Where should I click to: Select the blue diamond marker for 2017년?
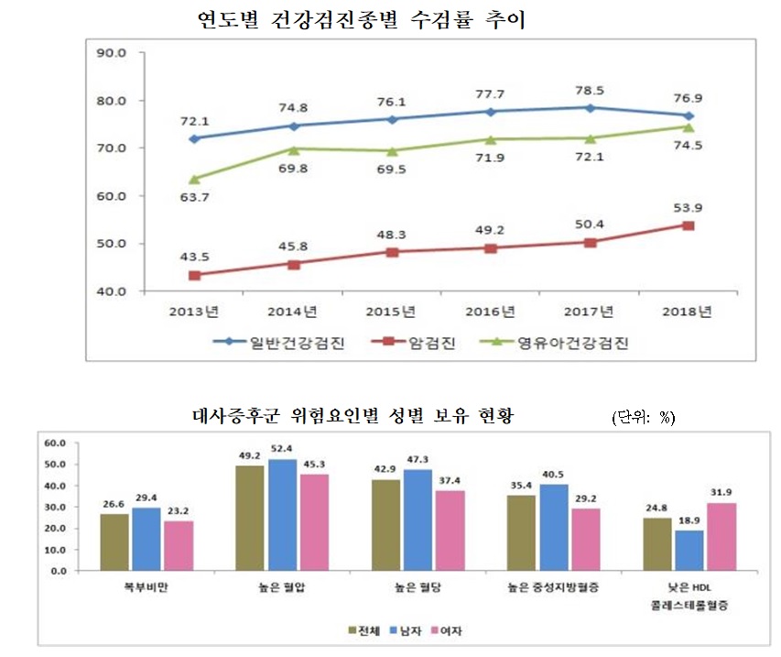(x=591, y=108)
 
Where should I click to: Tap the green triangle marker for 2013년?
(x=193, y=179)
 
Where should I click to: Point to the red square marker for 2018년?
(x=689, y=225)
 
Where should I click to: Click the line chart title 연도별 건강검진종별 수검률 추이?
(x=363, y=20)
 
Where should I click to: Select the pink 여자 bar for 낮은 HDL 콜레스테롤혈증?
(x=721, y=536)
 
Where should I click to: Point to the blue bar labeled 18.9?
(x=689, y=550)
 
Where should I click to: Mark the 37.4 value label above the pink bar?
(x=450, y=481)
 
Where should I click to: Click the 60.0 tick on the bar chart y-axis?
(x=56, y=443)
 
